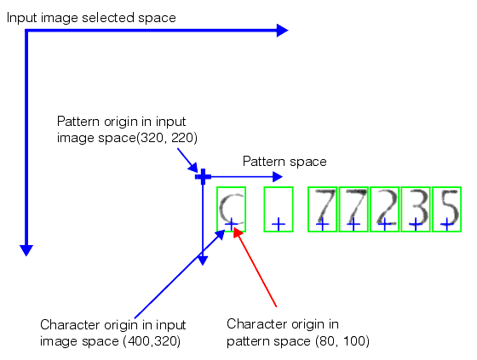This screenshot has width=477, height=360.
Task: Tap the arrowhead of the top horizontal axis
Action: point(284,31)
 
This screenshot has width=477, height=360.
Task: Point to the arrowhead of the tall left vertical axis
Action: point(26,249)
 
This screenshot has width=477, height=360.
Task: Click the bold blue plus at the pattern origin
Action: point(203,176)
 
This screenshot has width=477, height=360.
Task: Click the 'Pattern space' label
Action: point(284,161)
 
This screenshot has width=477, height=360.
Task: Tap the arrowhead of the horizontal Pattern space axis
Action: point(276,177)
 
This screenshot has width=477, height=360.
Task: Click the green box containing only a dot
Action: point(278,209)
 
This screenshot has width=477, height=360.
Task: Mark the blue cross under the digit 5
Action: point(446,224)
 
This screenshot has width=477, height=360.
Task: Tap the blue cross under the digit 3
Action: point(415,224)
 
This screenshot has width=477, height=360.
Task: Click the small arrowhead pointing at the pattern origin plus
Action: point(195,167)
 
